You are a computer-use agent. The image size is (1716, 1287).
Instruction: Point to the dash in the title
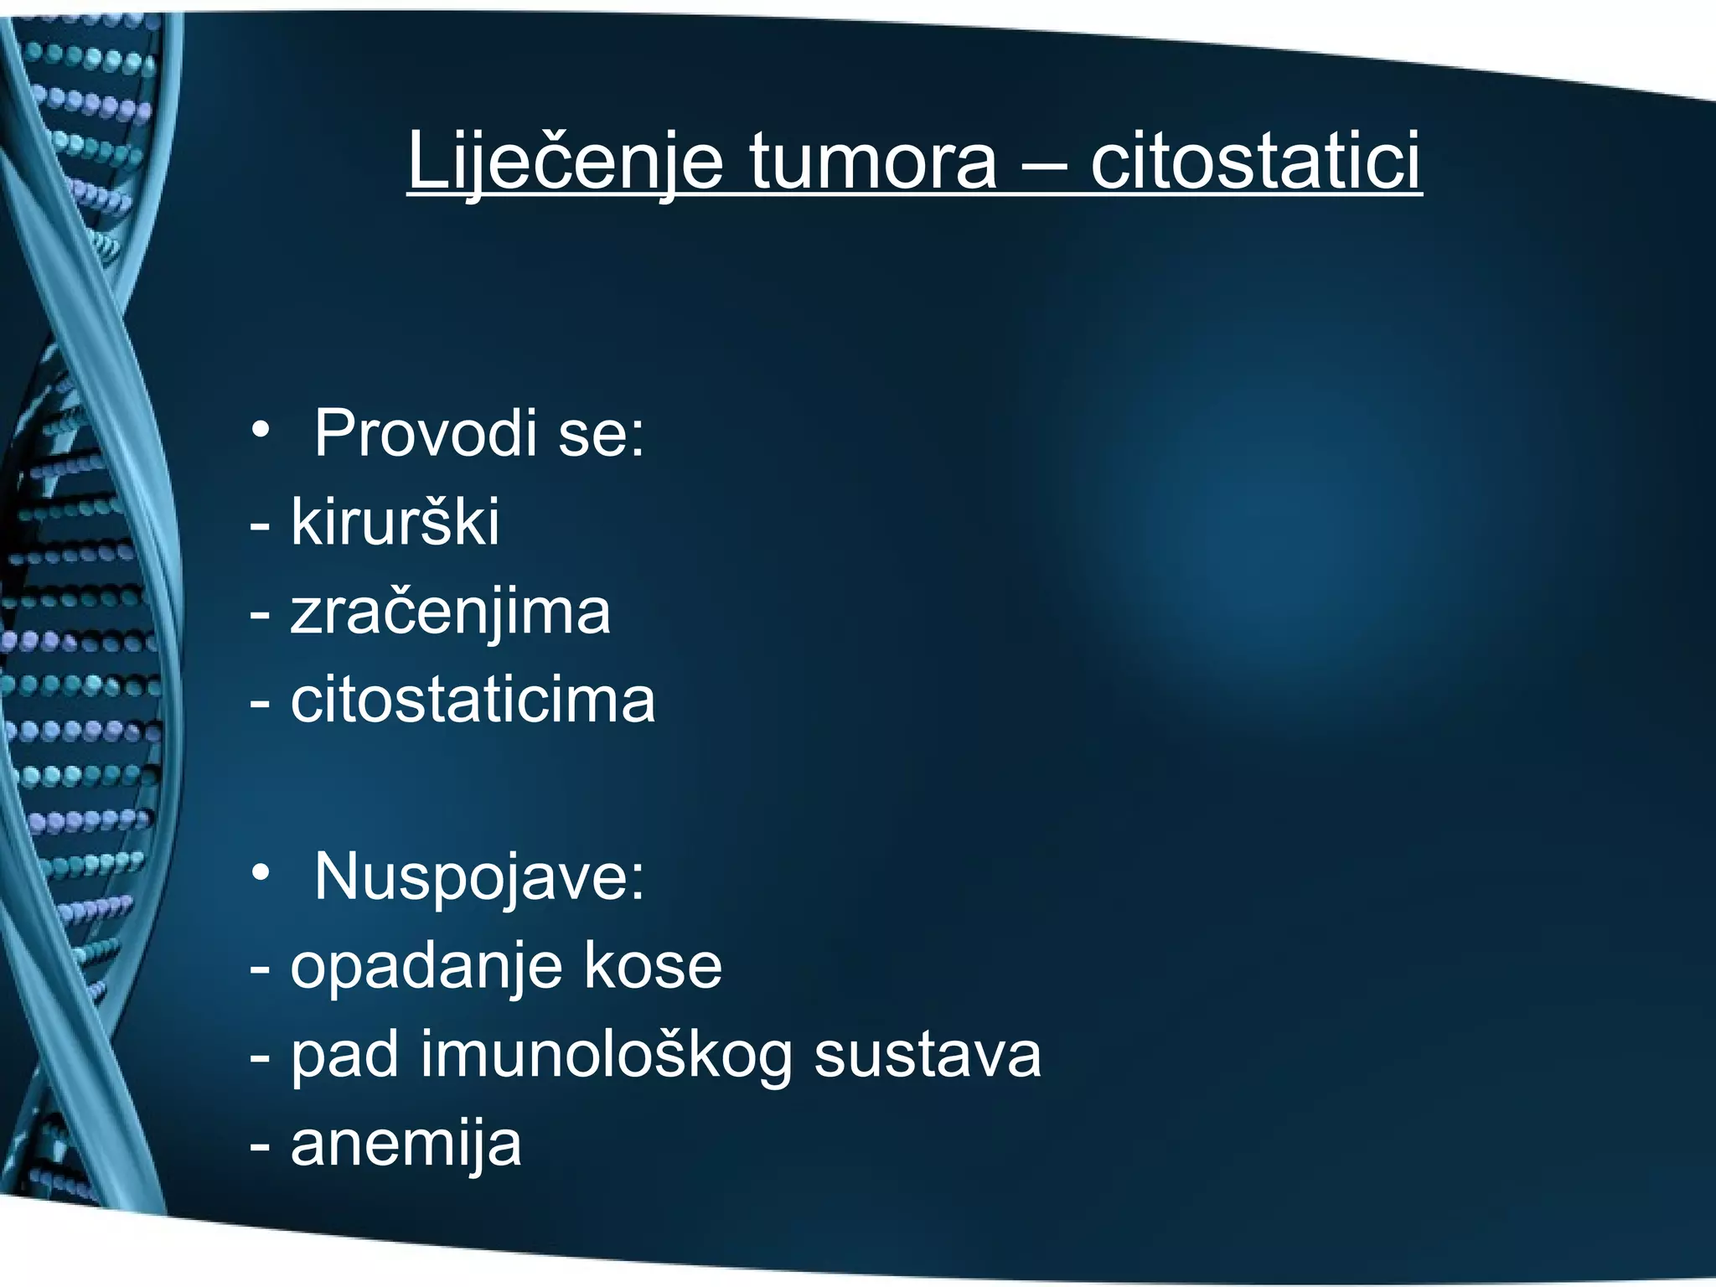pyautogui.click(x=1044, y=165)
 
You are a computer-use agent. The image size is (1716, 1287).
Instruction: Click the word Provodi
pyautogui.click(x=425, y=433)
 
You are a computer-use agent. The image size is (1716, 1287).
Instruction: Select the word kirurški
pyautogui.click(x=395, y=522)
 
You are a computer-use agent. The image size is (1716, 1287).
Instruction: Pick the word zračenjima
pyautogui.click(x=450, y=612)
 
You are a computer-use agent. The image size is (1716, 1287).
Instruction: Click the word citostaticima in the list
pyautogui.click(x=473, y=700)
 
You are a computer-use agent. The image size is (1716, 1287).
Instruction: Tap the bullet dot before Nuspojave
pyautogui.click(x=261, y=873)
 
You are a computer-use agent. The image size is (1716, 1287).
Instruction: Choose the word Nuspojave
pyautogui.click(x=479, y=877)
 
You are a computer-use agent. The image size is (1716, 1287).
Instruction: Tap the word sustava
pyautogui.click(x=928, y=1054)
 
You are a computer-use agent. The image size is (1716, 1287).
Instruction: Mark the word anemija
pyautogui.click(x=406, y=1145)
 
